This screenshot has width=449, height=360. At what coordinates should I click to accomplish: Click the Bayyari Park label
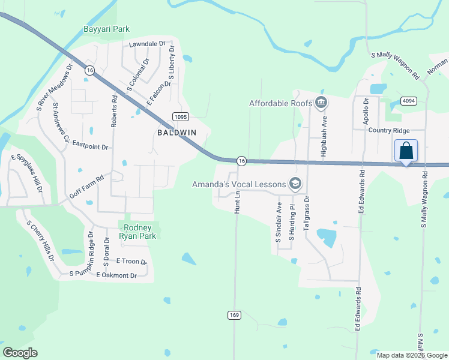pyautogui.click(x=107, y=29)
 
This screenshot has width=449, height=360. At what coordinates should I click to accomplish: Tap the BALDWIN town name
pyautogui.click(x=177, y=131)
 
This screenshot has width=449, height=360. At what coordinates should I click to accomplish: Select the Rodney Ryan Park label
pyautogui.click(x=139, y=231)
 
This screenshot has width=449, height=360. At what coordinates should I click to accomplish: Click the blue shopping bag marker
pyautogui.click(x=406, y=151)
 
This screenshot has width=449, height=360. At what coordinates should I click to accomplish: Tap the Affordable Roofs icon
pyautogui.click(x=321, y=103)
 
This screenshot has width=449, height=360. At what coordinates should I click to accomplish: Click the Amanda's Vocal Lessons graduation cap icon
pyautogui.click(x=295, y=184)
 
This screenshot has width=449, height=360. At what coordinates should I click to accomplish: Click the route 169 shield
pyautogui.click(x=234, y=315)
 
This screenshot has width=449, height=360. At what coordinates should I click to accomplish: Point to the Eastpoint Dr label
pyautogui.click(x=90, y=146)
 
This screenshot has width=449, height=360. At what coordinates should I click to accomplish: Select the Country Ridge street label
pyautogui.click(x=389, y=130)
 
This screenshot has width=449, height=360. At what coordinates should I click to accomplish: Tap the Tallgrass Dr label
pyautogui.click(x=307, y=211)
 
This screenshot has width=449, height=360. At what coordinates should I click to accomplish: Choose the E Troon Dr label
pyautogui.click(x=132, y=261)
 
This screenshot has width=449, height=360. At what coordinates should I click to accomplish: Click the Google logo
pyautogui.click(x=20, y=352)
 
